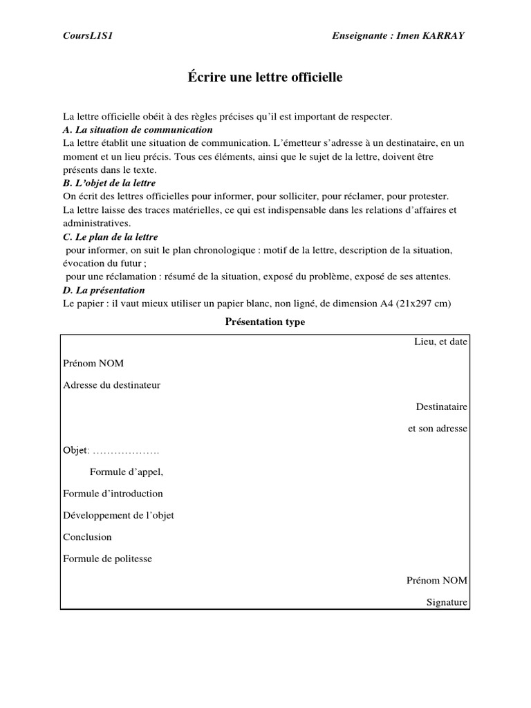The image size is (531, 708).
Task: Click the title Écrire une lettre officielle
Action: point(265,78)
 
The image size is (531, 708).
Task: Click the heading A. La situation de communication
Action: point(137,130)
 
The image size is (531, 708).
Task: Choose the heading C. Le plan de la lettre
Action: point(111,236)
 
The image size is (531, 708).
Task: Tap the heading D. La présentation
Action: point(104,290)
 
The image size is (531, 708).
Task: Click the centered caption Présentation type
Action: point(265,322)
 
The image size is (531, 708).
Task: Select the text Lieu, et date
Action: point(440,342)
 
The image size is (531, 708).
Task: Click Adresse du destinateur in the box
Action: point(111,384)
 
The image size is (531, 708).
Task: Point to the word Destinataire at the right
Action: point(441,407)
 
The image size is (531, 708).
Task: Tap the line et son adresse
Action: point(438,429)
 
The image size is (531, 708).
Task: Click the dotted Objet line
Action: point(111,451)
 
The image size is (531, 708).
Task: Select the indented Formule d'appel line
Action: point(127,472)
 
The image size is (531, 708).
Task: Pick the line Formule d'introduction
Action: point(113,494)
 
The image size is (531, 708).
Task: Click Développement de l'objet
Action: point(118,515)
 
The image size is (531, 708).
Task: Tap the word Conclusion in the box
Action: point(87,537)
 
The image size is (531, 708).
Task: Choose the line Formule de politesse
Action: point(107,559)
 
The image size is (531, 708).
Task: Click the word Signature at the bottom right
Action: point(447,602)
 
